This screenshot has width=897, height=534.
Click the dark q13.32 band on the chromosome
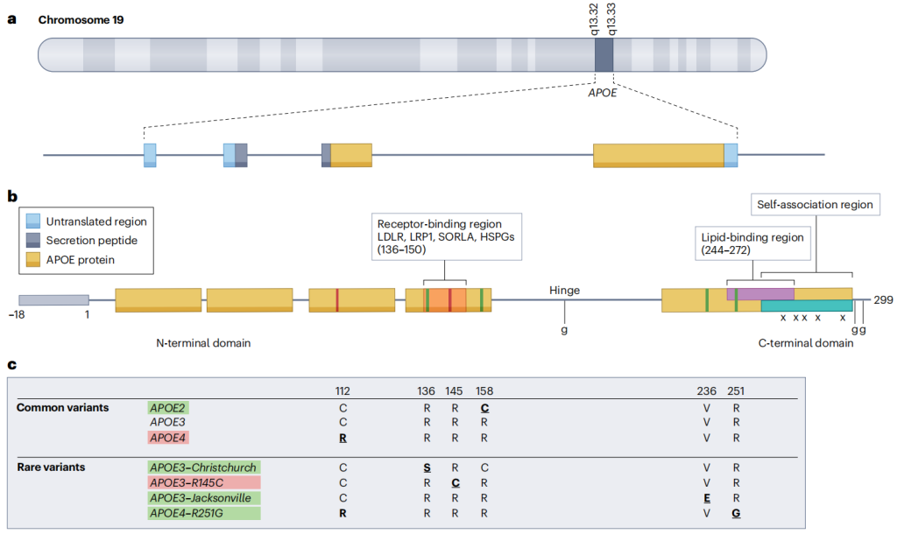pos(604,55)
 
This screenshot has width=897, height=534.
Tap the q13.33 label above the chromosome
pos(611,19)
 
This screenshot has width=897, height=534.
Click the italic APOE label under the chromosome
pos(603,93)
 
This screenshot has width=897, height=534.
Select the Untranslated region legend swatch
pos(33,221)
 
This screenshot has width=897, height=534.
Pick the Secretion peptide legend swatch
pos(33,240)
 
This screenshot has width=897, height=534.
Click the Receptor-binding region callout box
pos(447,236)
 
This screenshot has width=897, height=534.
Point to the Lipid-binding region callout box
pos(752,243)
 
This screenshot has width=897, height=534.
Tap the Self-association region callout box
pos(816,205)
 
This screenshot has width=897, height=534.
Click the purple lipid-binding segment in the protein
pos(760,294)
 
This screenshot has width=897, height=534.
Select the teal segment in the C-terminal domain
pos(807,306)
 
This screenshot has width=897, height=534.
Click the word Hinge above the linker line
pos(565,291)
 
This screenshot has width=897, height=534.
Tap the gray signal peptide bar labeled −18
pos(53,300)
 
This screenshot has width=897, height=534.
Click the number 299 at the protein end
pos(883,300)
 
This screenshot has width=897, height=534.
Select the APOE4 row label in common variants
pos(167,438)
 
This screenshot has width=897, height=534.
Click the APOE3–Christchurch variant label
pos(203,467)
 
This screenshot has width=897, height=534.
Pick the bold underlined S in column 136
pos(427,467)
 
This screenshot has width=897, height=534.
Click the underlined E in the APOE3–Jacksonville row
pos(707,498)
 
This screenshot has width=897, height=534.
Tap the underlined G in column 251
pos(736,513)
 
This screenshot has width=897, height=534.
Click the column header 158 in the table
pos(484,391)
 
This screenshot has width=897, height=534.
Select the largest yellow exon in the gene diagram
pos(659,156)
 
